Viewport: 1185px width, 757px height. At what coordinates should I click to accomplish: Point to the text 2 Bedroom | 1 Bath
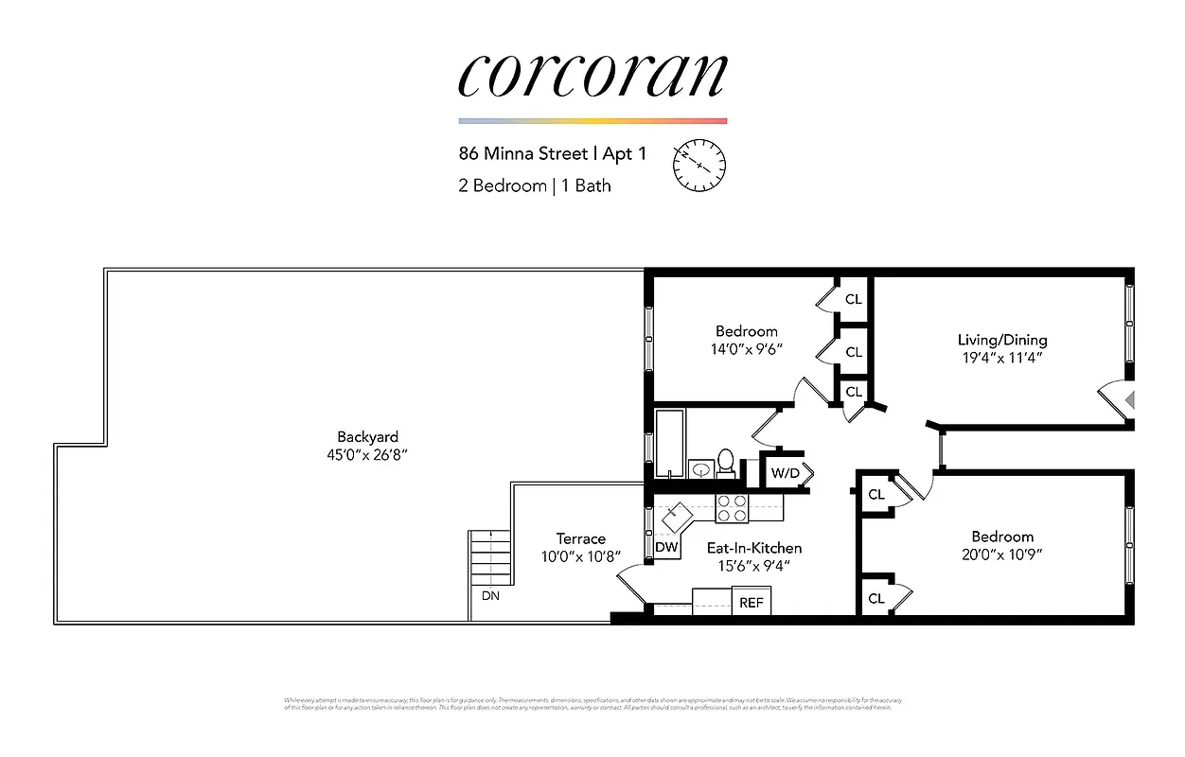click(x=535, y=185)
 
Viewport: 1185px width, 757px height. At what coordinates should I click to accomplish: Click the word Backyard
click(x=367, y=437)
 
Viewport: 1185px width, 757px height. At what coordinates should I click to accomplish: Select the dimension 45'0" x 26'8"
click(x=367, y=455)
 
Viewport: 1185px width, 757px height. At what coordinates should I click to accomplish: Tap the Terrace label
click(x=580, y=538)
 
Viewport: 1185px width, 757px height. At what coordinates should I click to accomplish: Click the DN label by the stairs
click(x=490, y=595)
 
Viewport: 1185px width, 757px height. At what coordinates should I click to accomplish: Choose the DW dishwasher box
click(x=666, y=547)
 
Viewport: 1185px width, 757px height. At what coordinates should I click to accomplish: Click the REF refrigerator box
click(x=752, y=602)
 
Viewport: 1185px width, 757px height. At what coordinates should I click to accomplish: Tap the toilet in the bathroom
click(x=726, y=463)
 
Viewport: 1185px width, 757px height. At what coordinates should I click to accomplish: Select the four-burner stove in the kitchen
click(x=732, y=509)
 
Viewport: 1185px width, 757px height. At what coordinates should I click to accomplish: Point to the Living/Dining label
click(x=1002, y=340)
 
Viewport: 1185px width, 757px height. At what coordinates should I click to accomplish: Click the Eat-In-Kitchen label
click(x=754, y=548)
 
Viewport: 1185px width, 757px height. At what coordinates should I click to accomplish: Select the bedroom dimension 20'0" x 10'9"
click(x=1002, y=555)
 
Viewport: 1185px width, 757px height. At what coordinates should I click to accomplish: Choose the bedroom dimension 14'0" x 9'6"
click(x=747, y=348)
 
